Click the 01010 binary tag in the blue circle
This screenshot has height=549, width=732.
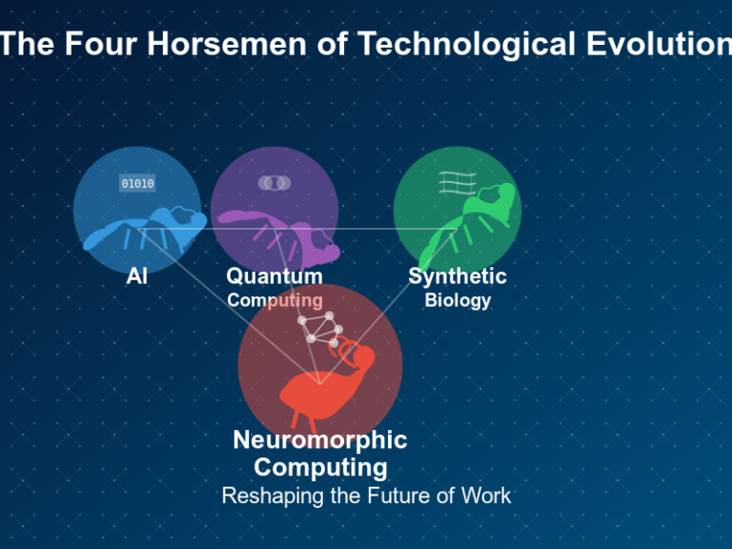coord(137,183)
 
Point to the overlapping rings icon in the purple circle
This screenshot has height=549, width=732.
coord(274,182)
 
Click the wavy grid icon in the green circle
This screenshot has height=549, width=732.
coord(457,181)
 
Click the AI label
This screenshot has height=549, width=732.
coord(137,276)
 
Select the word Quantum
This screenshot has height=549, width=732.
coord(274,276)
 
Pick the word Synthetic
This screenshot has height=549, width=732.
coord(457,276)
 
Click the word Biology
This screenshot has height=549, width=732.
coord(457,300)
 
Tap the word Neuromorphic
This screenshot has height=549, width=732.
coord(320,440)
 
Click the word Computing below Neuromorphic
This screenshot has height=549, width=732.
coord(320,468)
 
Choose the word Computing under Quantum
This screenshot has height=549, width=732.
coord(274,300)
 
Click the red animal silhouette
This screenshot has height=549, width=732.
coord(324,386)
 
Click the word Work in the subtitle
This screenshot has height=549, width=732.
coord(487,496)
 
